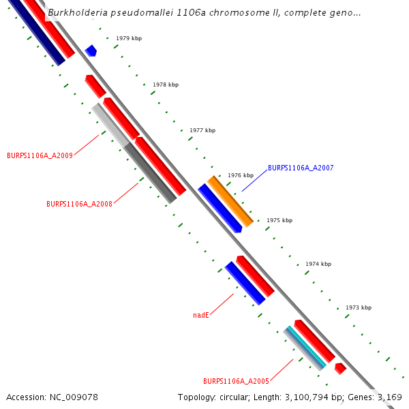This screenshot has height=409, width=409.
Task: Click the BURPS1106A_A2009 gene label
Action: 40,155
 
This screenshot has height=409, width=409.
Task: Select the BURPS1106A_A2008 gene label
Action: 79,204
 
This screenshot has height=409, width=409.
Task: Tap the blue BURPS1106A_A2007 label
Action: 301,168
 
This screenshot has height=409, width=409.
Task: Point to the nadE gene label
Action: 201,315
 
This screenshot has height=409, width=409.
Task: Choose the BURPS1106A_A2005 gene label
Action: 236,381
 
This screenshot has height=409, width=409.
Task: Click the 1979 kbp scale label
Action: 129,39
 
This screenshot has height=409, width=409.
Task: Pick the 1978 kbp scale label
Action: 166,85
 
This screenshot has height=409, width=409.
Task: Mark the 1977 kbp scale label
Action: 202,130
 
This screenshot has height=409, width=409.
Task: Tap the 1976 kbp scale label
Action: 241,175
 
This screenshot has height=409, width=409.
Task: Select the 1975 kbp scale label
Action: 279,220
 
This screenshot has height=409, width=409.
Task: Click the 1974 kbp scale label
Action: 318,264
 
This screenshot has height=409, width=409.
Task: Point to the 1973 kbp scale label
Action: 359,307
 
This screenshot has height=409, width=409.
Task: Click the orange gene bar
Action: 230,201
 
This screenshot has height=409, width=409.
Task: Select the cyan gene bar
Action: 305,348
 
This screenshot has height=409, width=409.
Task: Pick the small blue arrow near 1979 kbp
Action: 91,50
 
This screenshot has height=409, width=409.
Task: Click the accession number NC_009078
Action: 73,397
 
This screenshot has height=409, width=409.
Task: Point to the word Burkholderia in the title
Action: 76,13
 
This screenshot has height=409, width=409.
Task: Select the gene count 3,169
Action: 389,397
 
